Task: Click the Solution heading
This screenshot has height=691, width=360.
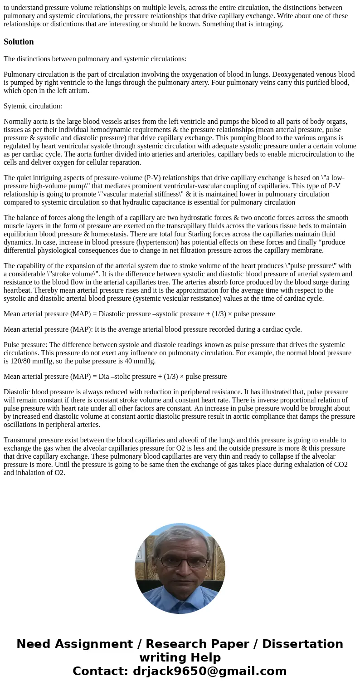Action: (19, 42)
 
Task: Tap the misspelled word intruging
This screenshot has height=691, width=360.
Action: (268, 24)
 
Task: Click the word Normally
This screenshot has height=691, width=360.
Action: (17, 122)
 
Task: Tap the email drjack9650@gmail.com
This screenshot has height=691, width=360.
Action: (209, 671)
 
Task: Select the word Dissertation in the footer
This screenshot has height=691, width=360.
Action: (302, 644)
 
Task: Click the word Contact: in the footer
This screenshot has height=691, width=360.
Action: (100, 671)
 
